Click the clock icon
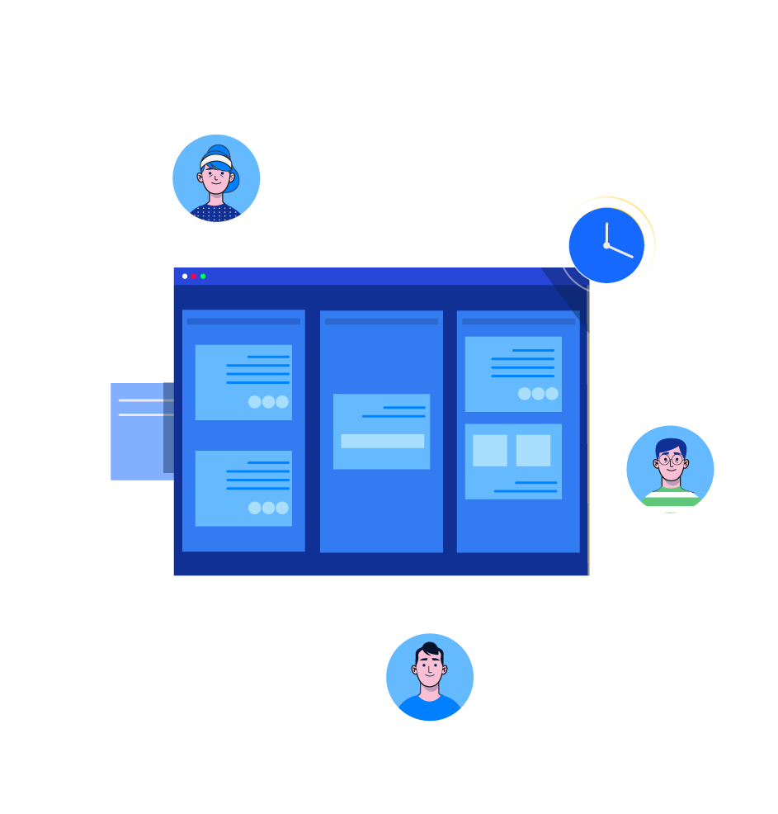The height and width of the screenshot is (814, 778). (606, 245)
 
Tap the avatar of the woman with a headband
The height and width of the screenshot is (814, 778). (216, 178)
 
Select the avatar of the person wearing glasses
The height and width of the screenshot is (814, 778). (670, 469)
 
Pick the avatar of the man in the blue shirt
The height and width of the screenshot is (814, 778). (430, 677)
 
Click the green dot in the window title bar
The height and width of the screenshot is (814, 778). (203, 277)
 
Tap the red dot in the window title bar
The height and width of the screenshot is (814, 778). (194, 277)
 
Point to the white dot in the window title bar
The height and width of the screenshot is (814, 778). (185, 277)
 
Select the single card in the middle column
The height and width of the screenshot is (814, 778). (381, 431)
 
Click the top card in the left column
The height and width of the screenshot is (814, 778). (243, 382)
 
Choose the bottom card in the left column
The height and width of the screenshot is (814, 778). (243, 488)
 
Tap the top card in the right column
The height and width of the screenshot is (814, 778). (513, 374)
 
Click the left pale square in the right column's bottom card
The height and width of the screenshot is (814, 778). (490, 451)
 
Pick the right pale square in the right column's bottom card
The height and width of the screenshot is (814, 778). (533, 451)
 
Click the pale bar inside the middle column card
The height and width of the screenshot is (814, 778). (382, 442)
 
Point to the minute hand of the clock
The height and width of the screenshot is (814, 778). (606, 233)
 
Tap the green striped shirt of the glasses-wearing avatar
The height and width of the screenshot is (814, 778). (671, 499)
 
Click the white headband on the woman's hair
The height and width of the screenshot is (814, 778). (215, 160)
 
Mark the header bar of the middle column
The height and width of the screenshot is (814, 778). (381, 321)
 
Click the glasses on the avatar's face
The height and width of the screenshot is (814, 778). (671, 460)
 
